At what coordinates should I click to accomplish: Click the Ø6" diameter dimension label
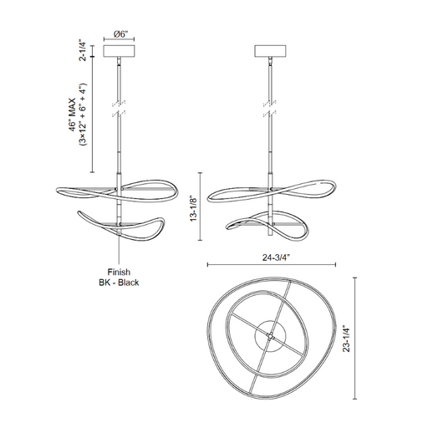[x=120, y=34]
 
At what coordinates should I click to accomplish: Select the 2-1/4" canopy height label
[x=83, y=51]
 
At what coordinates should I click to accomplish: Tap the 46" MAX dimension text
[x=72, y=115]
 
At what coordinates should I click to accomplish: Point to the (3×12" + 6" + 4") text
[x=83, y=115]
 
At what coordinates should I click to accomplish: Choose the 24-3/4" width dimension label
[x=276, y=257]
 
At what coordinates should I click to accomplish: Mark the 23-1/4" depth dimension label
[x=346, y=339]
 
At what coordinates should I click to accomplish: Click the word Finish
[x=119, y=272]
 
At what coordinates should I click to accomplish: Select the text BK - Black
[x=119, y=283]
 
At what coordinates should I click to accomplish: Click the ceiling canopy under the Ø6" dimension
[x=120, y=51]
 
